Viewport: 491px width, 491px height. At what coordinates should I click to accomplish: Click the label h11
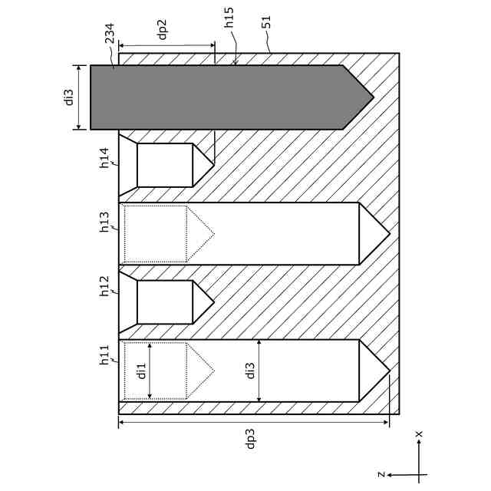click(x=105, y=355)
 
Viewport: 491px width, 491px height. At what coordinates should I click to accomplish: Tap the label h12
click(x=105, y=286)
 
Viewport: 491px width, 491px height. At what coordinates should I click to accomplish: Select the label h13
click(x=105, y=221)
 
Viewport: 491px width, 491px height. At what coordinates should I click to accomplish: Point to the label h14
click(x=105, y=157)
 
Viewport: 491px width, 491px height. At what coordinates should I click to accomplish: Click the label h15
click(x=229, y=18)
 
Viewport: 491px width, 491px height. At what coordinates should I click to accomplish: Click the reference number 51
click(x=266, y=21)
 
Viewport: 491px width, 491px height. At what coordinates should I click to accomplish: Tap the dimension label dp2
click(x=162, y=28)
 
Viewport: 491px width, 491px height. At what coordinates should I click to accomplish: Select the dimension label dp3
click(x=250, y=438)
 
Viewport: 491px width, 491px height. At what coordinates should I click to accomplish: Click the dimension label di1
click(x=141, y=371)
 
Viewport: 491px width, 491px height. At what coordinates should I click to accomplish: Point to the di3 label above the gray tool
click(x=69, y=97)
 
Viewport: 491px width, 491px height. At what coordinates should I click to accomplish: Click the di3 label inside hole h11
click(x=250, y=371)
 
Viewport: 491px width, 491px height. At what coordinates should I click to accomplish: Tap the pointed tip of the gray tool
click(x=372, y=97)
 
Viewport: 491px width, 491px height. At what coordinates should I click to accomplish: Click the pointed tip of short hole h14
click(x=213, y=165)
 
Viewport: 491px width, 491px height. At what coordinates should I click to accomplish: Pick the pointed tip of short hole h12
click(x=213, y=302)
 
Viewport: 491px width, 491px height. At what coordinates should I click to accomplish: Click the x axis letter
click(x=419, y=435)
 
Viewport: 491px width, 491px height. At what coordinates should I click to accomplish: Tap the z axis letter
click(x=381, y=474)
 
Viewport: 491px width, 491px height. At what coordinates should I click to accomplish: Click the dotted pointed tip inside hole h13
click(x=213, y=233)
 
